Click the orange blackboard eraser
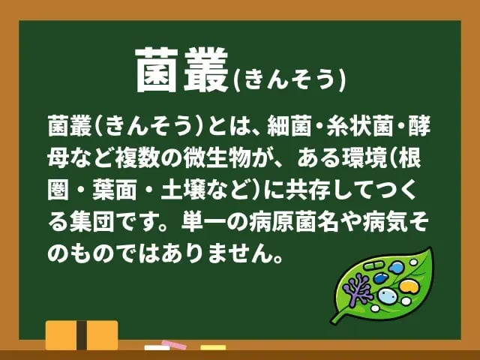pos(82,334)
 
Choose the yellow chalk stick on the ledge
pos(213,348)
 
